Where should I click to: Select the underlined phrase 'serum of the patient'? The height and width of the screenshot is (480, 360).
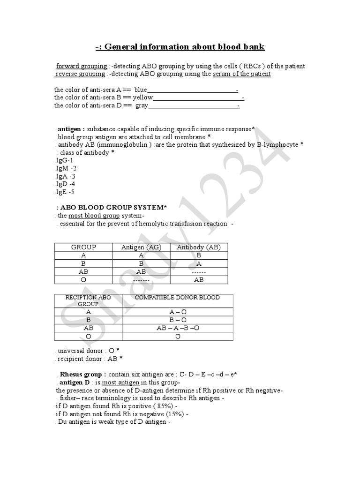pyautogui.click(x=241, y=74)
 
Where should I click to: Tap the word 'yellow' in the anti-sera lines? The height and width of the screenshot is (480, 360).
pyautogui.click(x=143, y=97)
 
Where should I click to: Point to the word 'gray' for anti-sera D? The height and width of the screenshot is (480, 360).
pyautogui.click(x=142, y=106)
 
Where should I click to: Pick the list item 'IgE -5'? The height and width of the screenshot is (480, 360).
pyautogui.click(x=65, y=192)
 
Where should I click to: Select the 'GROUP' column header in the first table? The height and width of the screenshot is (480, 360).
pyautogui.click(x=83, y=247)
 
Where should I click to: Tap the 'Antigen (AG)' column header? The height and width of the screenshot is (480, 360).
pyautogui.click(x=141, y=247)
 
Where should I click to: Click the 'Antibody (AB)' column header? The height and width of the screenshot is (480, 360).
pyautogui.click(x=199, y=247)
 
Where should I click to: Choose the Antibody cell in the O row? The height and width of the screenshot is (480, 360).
pyautogui.click(x=199, y=279)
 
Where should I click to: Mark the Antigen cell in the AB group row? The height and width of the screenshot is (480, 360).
pyautogui.click(x=141, y=271)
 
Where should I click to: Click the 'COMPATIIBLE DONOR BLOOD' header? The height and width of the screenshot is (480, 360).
pyautogui.click(x=177, y=298)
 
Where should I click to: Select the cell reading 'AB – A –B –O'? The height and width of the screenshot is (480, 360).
pyautogui.click(x=178, y=328)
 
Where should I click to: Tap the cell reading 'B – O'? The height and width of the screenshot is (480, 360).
pyautogui.click(x=178, y=320)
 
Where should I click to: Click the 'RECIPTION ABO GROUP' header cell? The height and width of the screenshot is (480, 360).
pyautogui.click(x=88, y=300)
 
